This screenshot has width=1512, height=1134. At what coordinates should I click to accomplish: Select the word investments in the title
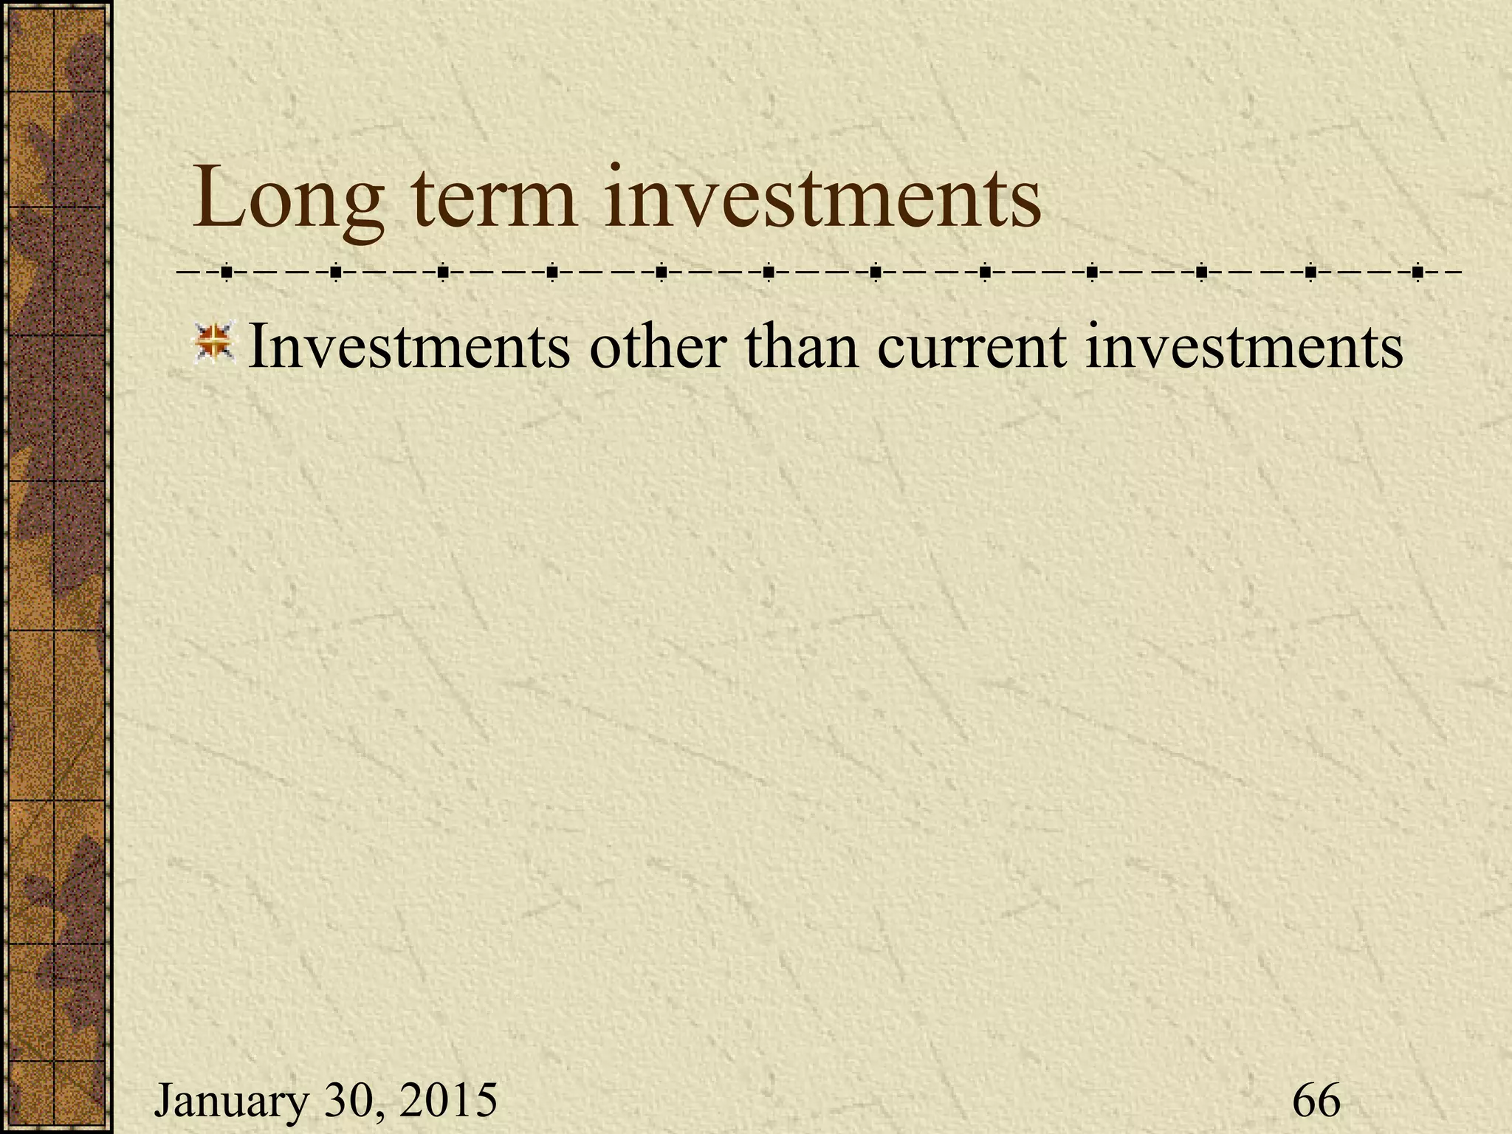tap(822, 198)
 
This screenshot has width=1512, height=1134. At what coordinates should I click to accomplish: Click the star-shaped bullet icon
tap(213, 343)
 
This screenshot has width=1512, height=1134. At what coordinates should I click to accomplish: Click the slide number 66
tap(1316, 1100)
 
